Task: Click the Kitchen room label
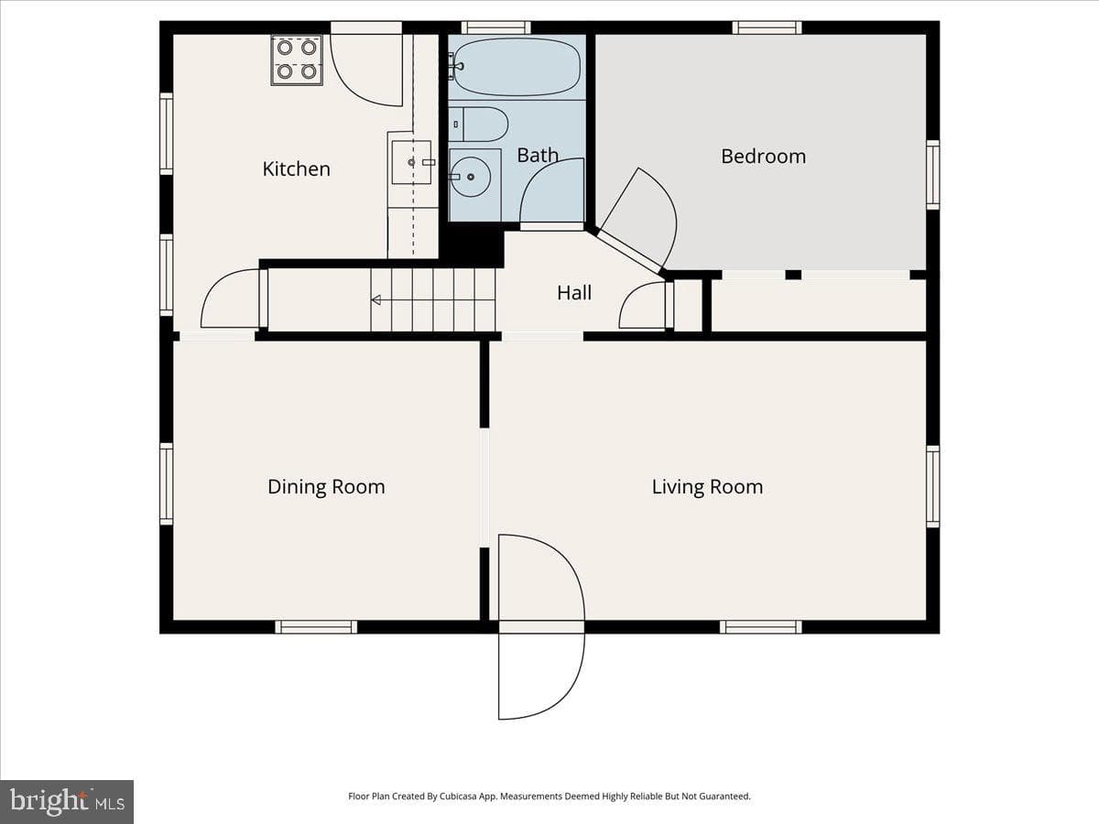[x=297, y=169]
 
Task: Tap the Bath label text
[x=538, y=155]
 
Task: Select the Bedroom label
[x=764, y=156]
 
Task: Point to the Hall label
[x=574, y=293]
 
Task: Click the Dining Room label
[x=326, y=487]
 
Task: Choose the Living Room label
[x=707, y=487]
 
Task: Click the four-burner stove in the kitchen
[x=297, y=60]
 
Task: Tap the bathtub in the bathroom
[x=517, y=67]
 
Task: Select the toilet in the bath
[x=478, y=125]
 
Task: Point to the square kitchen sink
[x=411, y=162]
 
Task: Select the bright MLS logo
[x=67, y=801]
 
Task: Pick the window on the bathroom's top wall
[x=495, y=27]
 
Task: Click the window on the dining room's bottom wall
[x=317, y=627]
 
